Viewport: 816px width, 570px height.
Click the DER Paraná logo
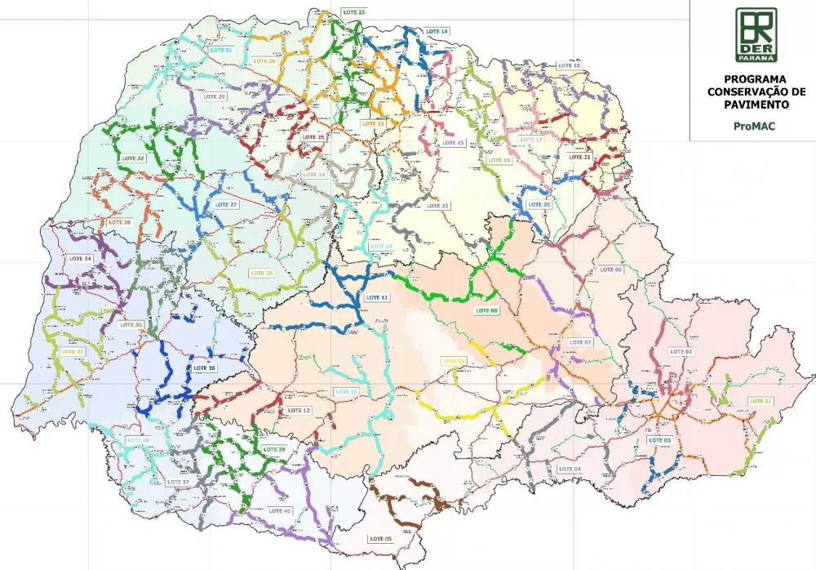pyautogui.click(x=756, y=34)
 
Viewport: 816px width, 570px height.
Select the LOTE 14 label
pyautogui.click(x=437, y=31)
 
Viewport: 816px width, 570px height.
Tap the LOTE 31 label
pyautogui.click(x=221, y=51)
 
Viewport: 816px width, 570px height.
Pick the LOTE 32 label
pyautogui.click(x=133, y=158)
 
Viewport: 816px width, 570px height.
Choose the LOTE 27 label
pyautogui.click(x=226, y=204)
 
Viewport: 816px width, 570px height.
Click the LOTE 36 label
pyautogui.click(x=205, y=368)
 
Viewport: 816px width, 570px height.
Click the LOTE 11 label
pyautogui.click(x=377, y=297)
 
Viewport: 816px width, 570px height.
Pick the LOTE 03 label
pyautogui.click(x=659, y=440)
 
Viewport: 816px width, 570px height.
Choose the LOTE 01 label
pyautogui.click(x=760, y=401)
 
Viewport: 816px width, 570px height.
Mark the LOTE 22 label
pyautogui.click(x=438, y=206)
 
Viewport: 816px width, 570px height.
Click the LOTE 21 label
pyautogui.click(x=579, y=157)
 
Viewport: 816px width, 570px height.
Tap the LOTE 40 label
pyautogui.click(x=279, y=511)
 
